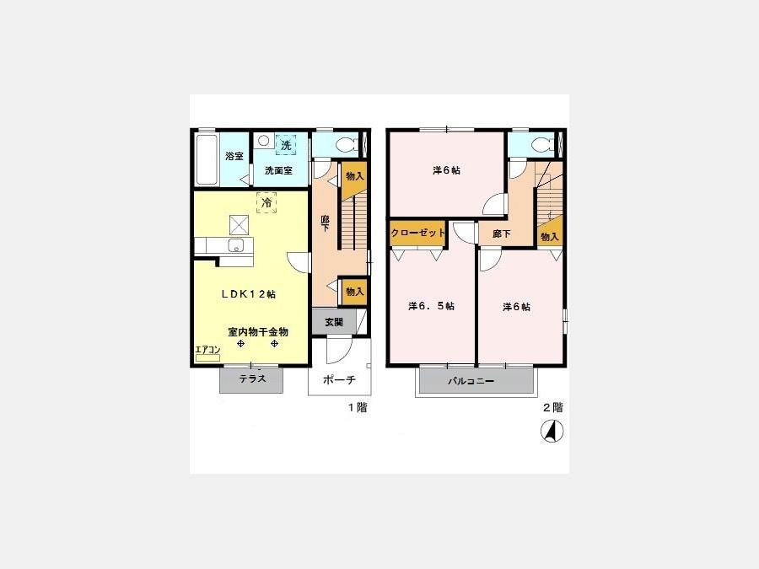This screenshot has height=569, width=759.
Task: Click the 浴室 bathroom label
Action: (234, 156)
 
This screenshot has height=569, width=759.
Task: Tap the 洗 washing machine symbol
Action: (286, 145)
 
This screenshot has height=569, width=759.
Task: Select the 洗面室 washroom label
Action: (278, 171)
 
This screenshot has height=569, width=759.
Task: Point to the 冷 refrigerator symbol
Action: (266, 202)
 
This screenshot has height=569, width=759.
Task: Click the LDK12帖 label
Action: (249, 294)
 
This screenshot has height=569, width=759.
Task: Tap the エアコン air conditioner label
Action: (207, 350)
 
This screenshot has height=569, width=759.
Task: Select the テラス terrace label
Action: (252, 378)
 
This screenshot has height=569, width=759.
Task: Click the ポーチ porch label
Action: (339, 380)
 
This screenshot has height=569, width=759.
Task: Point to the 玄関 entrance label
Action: (333, 322)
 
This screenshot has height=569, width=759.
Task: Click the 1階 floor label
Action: (358, 407)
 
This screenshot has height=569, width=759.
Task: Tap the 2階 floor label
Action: (552, 407)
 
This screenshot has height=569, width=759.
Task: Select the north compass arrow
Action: (552, 431)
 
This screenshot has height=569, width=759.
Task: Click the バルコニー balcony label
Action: (471, 381)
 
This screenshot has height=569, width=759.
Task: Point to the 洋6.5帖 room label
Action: (431, 306)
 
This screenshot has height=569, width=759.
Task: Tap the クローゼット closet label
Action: (417, 233)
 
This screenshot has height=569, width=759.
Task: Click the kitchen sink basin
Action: (237, 245)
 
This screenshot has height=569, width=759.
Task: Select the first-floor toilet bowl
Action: (346, 144)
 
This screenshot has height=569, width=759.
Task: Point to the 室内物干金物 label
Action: (258, 332)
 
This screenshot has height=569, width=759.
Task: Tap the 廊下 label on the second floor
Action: (501, 234)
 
